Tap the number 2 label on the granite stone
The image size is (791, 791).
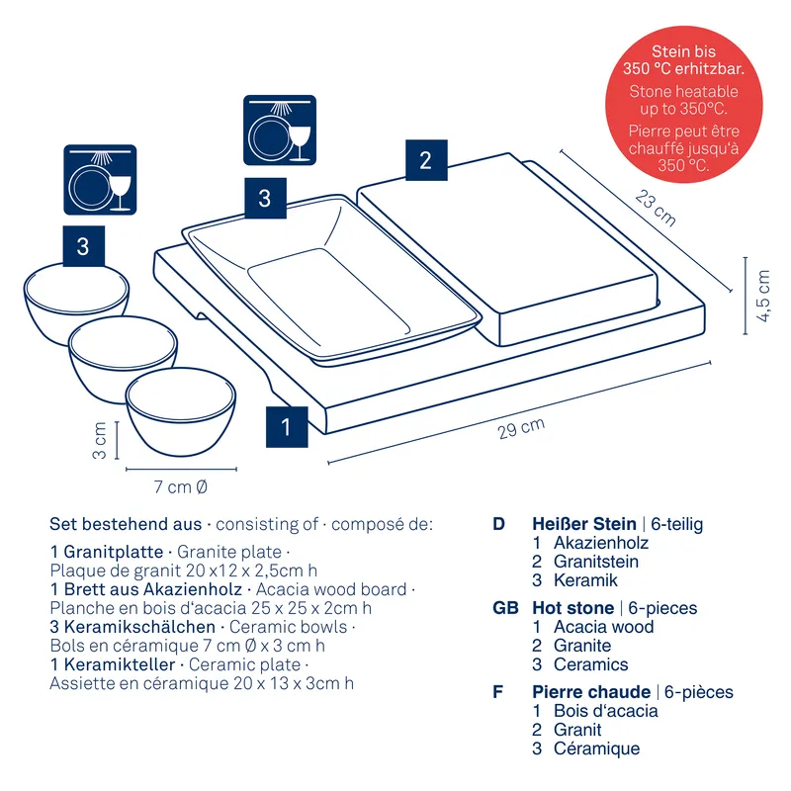tap(425, 160)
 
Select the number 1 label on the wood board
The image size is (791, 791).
tap(286, 427)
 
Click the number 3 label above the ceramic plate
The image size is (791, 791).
tap(264, 199)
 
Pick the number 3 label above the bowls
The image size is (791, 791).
tap(82, 246)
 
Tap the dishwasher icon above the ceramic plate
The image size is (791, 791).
tap(280, 131)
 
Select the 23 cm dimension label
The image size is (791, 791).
tap(655, 209)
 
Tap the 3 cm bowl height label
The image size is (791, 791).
tap(100, 440)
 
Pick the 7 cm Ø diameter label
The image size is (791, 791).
tap(180, 486)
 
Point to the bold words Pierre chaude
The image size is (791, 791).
tap(591, 692)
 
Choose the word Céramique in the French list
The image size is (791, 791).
tap(596, 749)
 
